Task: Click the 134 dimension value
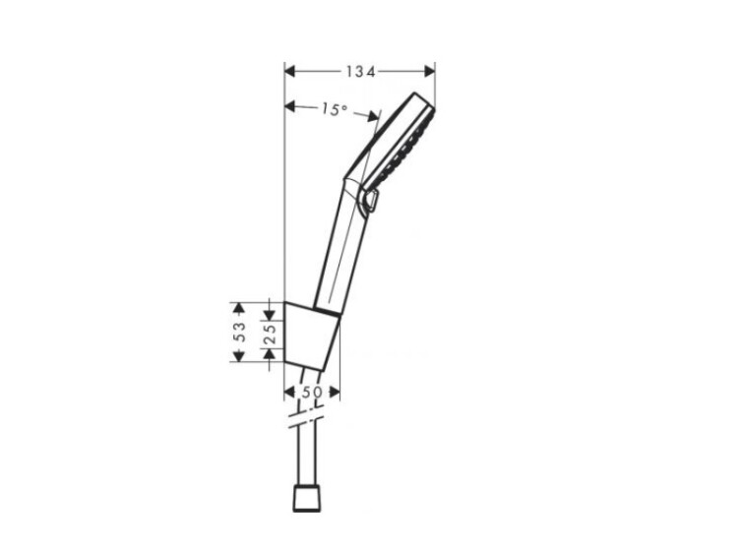(x=360, y=72)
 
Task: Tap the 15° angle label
(x=335, y=109)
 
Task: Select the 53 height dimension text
(x=240, y=332)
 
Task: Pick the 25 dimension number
(x=270, y=335)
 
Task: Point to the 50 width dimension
(x=312, y=392)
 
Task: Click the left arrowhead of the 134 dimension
(x=290, y=72)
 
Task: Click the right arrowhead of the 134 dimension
(x=429, y=72)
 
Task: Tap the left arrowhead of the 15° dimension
(x=290, y=107)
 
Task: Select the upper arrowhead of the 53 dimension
(x=239, y=308)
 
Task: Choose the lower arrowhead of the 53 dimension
(x=239, y=356)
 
